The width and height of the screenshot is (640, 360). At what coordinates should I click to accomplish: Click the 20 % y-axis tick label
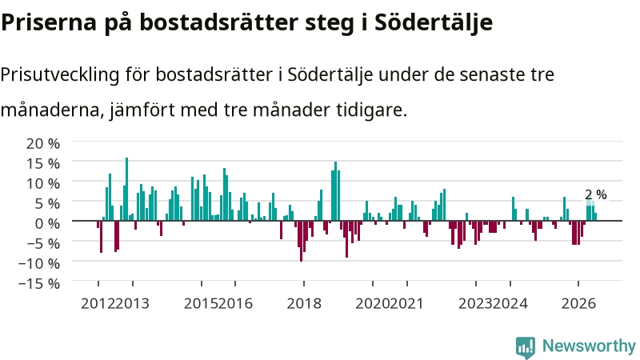click(43, 144)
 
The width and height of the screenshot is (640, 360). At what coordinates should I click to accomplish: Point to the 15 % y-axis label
click(43, 164)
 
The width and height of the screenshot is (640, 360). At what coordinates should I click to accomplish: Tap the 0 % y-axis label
click(47, 224)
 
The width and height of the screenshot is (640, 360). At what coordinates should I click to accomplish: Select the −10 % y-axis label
click(39, 263)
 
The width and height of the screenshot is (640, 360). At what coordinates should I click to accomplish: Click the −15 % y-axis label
click(39, 283)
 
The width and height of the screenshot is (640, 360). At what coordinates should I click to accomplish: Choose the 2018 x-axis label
click(304, 304)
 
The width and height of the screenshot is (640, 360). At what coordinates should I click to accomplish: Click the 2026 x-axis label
click(578, 304)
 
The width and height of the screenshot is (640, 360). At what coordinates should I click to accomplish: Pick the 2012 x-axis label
click(98, 304)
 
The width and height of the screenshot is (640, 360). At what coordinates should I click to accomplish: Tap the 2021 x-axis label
click(406, 304)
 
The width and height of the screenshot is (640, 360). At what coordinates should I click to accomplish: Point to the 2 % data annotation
click(596, 194)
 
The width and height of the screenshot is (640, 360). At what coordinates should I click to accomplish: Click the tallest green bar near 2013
click(126, 189)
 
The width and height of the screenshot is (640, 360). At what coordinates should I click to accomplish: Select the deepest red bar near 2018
click(302, 241)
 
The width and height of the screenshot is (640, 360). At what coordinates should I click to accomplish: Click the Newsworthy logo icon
click(526, 347)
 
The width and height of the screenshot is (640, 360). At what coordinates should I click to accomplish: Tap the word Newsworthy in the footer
click(589, 346)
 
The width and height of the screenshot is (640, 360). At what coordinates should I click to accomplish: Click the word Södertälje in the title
click(434, 22)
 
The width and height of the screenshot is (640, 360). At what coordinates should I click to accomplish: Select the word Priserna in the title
click(49, 23)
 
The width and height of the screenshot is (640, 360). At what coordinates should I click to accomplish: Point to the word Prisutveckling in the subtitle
click(59, 74)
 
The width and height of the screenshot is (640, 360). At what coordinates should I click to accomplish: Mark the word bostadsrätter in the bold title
click(218, 23)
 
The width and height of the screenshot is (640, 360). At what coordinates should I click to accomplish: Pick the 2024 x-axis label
click(510, 304)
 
